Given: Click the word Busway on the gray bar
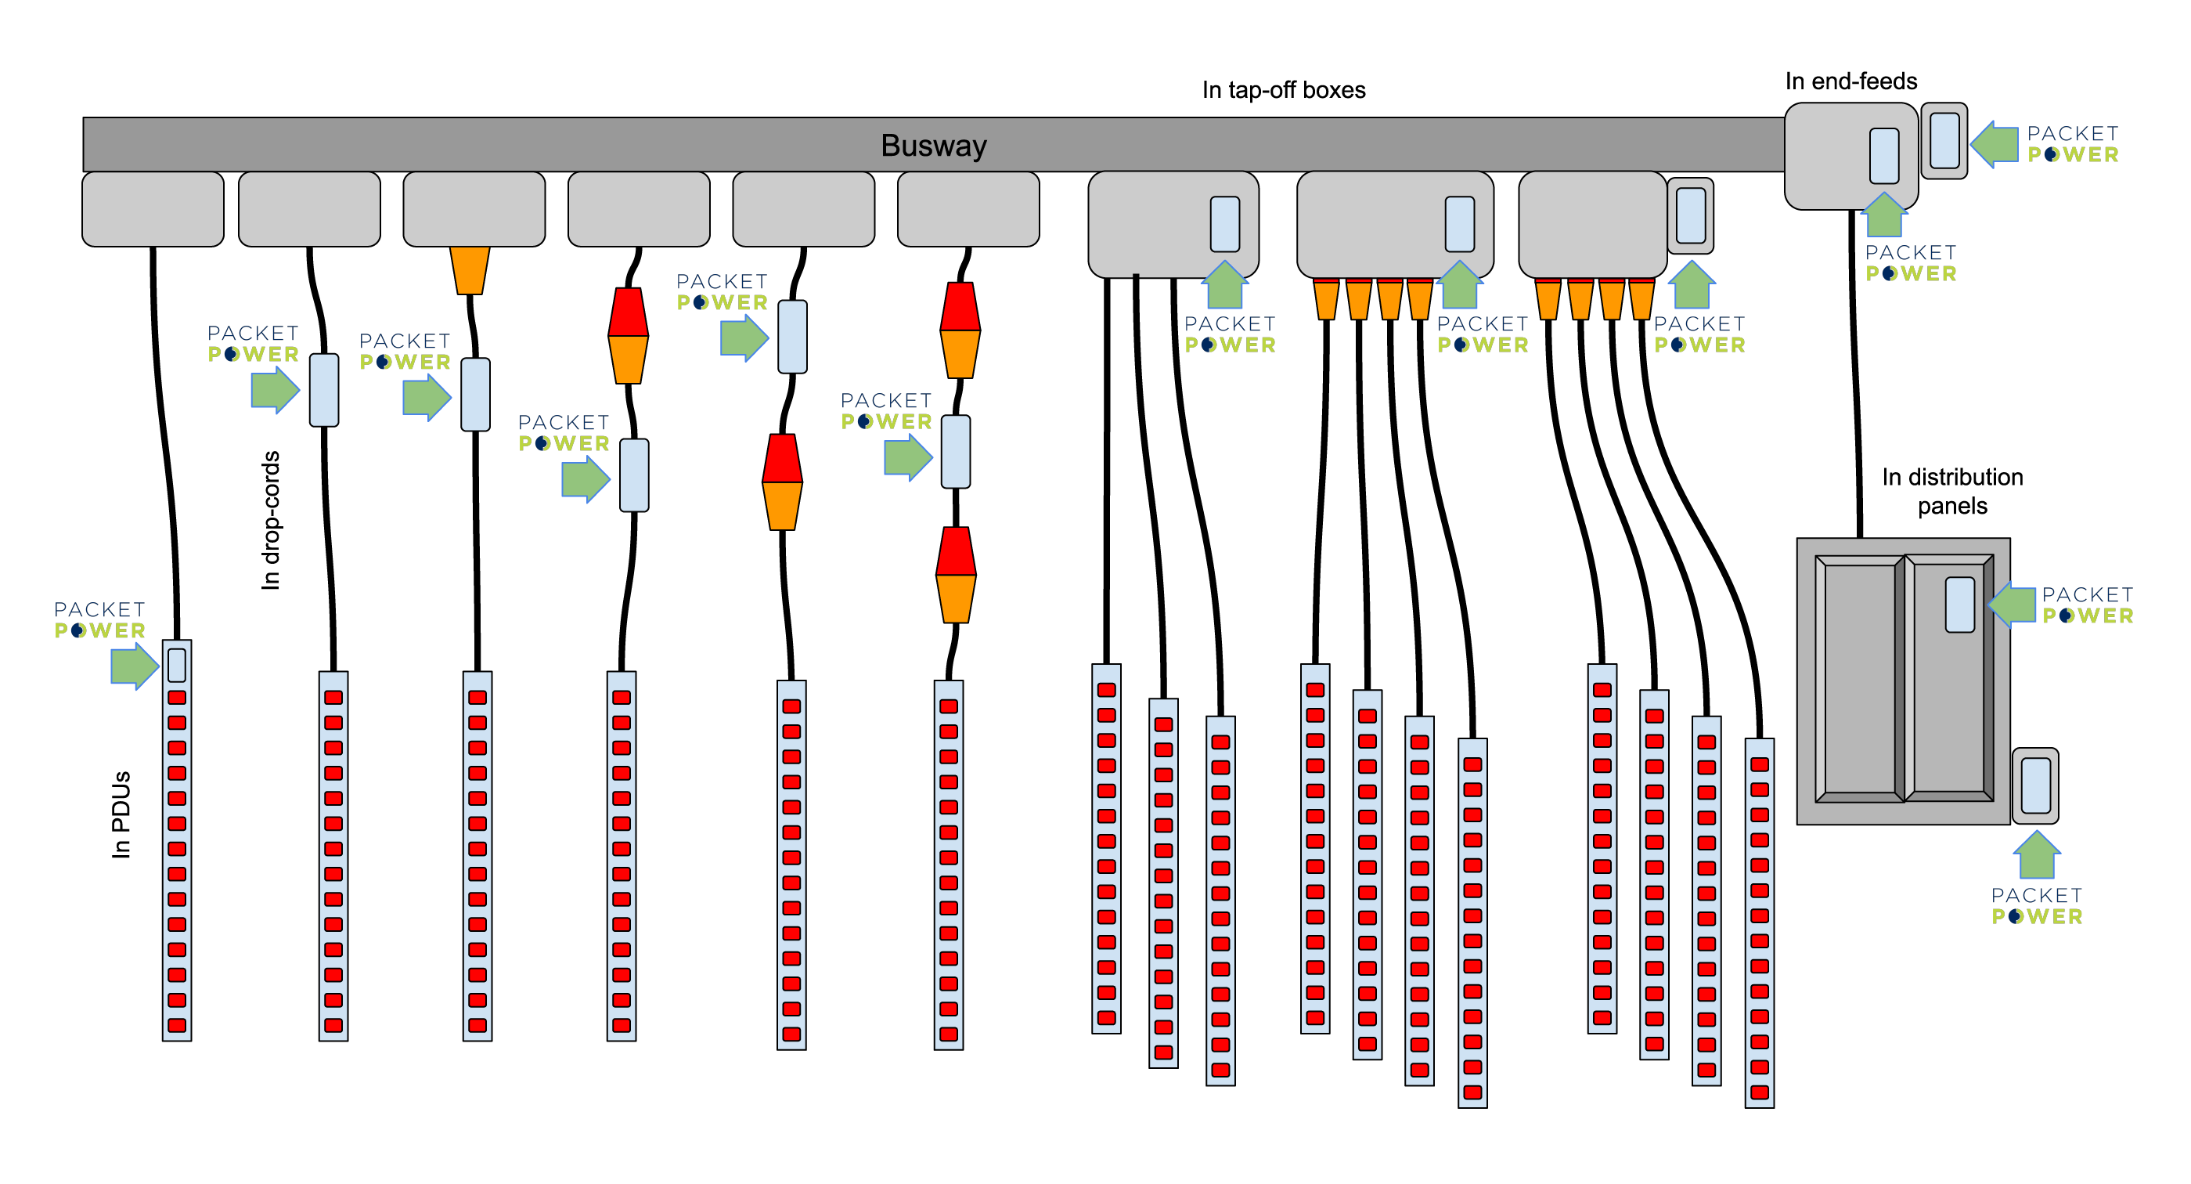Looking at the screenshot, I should point(933,146).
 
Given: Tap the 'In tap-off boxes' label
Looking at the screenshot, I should point(1283,90).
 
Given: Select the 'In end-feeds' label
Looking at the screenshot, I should point(1850,81).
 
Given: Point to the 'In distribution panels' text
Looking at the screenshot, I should point(1951,492).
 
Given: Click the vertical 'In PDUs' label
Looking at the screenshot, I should point(121,814).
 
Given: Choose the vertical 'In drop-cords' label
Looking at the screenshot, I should point(271,520).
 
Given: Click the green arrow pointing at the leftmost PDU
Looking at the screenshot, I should point(135,665).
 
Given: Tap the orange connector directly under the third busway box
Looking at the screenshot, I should point(470,269).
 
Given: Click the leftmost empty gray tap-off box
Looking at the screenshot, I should point(153,209).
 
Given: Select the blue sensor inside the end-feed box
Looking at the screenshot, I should point(1883,156).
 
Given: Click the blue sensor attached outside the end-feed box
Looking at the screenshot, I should point(1944,141).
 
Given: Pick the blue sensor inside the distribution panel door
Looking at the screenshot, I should point(1959,604).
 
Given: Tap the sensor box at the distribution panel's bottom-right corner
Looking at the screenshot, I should point(2034,785).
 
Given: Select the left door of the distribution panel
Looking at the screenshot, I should point(1858,679).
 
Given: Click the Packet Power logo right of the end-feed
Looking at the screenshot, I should point(2072,145).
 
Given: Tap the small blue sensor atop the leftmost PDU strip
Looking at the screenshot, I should point(177,665).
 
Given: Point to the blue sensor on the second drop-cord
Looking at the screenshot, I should point(323,389).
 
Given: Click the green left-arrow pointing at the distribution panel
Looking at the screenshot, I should point(2013,604).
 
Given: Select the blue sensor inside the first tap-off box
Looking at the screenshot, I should point(1224,224).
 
